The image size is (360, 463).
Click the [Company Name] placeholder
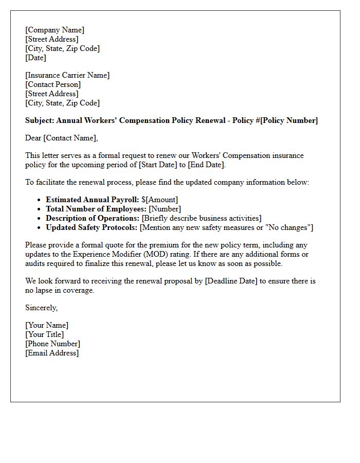tap(55, 30)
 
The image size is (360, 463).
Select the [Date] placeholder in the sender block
tap(35, 58)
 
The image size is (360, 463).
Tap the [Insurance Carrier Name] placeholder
tap(67, 75)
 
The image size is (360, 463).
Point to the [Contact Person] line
tap(53, 84)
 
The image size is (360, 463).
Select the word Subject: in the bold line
tap(40, 120)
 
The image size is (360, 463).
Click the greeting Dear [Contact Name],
tap(61, 138)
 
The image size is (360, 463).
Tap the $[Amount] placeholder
tap(160, 200)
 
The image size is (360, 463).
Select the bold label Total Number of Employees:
tap(96, 209)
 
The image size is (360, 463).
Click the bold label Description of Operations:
tap(93, 218)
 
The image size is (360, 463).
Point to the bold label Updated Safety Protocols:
tap(92, 227)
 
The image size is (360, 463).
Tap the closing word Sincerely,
tap(42, 308)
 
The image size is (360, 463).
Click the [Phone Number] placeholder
tap(52, 344)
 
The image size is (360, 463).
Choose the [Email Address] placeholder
tap(52, 353)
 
